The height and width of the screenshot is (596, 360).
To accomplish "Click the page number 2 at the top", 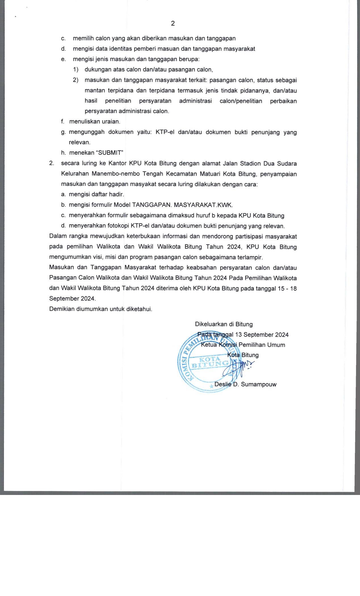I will click(173, 24).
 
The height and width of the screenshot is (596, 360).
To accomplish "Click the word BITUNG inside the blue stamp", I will click(210, 364).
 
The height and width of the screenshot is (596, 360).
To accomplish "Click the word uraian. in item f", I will click(111, 121).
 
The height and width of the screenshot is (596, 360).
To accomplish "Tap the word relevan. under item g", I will click(80, 142).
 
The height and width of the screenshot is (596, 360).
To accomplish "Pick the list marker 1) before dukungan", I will click(75, 70).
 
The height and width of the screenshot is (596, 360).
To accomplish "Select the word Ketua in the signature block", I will click(209, 345).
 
